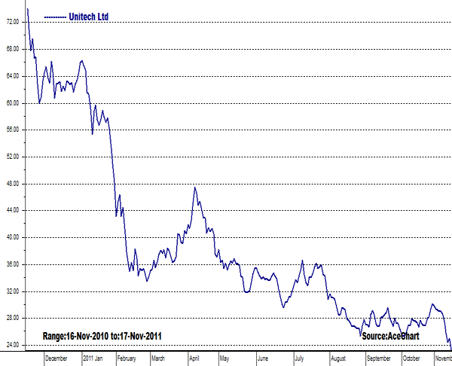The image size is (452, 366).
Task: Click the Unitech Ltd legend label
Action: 90,14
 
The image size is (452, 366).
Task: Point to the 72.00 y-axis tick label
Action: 11,23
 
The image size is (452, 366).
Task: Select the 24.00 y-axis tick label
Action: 11,345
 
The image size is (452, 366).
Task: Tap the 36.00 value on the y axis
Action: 11,264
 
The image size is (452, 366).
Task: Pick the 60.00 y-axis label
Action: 11,103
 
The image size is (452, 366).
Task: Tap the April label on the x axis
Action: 195,359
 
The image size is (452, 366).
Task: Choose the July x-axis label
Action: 300,359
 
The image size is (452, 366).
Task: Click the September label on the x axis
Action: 380,359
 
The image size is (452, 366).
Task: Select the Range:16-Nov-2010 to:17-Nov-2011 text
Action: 102,336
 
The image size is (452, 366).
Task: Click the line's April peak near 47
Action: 194,187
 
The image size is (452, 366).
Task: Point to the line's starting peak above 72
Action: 27,9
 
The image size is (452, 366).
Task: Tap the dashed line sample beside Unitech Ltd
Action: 55,15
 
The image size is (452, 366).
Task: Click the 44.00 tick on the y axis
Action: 11,210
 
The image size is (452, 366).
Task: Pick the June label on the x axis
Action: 263,359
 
